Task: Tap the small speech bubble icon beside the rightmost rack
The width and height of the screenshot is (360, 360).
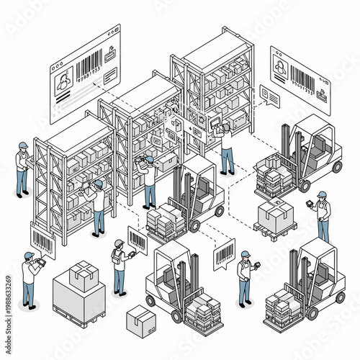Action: coord(269,95)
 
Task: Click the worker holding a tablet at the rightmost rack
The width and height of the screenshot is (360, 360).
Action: coord(226,148)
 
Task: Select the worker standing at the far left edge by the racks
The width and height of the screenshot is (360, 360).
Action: coord(23,168)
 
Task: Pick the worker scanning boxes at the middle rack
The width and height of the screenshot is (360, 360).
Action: coord(149,180)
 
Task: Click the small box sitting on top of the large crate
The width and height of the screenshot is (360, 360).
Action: coord(84,275)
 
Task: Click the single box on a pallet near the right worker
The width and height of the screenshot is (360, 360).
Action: coord(275,215)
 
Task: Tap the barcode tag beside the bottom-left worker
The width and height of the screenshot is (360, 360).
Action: coord(43,240)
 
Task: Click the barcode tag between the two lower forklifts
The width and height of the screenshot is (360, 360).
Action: coord(224,253)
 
